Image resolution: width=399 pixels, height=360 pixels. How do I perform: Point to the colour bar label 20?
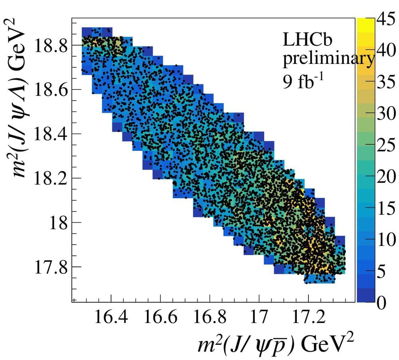pos(386,177)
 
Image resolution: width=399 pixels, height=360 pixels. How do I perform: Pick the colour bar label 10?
pos(386,239)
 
